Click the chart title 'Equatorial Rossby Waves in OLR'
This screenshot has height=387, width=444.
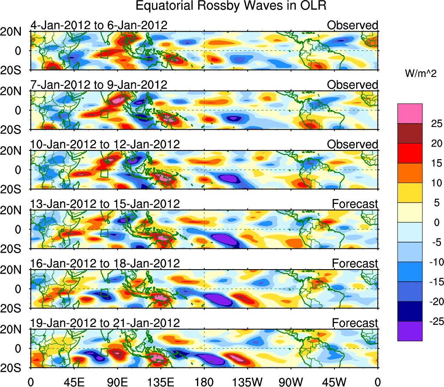(x=231, y=6)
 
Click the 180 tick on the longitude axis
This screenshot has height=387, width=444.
(x=204, y=382)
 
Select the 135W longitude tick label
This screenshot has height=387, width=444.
(x=247, y=382)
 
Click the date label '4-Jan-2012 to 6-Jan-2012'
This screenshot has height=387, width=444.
(x=99, y=25)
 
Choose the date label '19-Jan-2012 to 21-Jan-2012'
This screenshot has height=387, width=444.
(x=105, y=323)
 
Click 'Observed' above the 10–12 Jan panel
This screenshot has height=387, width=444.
(x=353, y=144)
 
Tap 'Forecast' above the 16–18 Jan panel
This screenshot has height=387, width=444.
(x=355, y=264)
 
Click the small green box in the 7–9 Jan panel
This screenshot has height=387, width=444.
(x=104, y=114)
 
